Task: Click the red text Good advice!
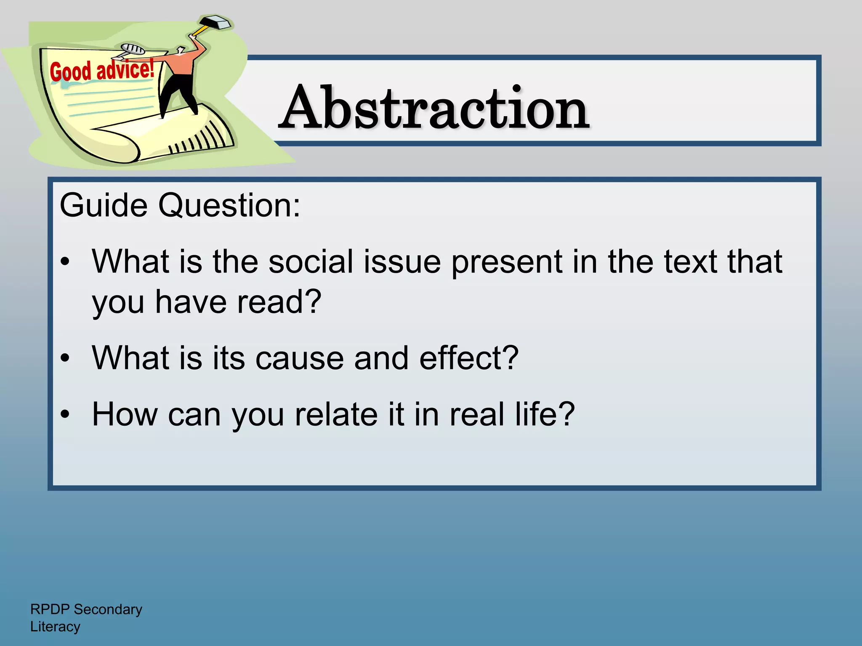tap(102, 70)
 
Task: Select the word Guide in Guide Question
tap(104, 205)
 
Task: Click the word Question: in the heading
tap(229, 205)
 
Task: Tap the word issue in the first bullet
tap(402, 262)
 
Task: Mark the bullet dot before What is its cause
tap(65, 358)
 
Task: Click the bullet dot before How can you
tap(65, 415)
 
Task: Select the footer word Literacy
tap(55, 627)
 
